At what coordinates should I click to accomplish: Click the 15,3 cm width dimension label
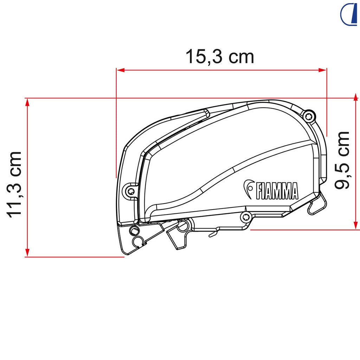point(220,57)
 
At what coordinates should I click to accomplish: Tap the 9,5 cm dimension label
point(342,160)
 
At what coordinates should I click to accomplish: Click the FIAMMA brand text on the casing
point(277,191)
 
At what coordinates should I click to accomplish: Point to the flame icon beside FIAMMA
point(249,189)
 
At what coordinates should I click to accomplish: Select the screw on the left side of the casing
point(131,191)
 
